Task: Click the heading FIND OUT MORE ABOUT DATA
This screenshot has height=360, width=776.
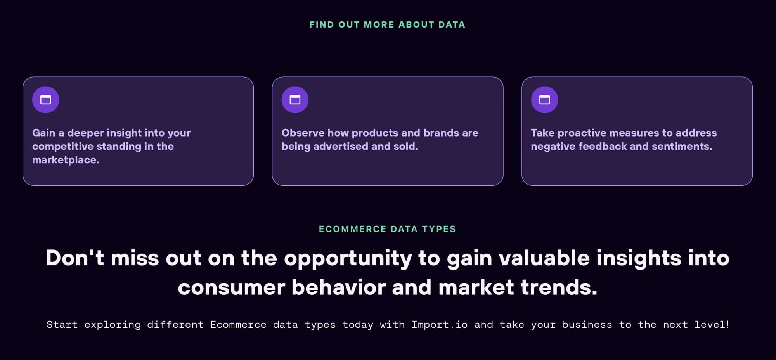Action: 387,24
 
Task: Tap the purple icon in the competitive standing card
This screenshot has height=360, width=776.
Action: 46,100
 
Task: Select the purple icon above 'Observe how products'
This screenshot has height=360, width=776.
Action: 295,100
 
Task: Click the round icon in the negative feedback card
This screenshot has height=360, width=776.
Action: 544,100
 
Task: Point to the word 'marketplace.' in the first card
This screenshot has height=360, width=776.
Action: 66,160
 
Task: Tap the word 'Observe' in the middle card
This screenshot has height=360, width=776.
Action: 303,133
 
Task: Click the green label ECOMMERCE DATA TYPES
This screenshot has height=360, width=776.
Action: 387,229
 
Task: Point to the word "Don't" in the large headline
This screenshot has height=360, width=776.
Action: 75,258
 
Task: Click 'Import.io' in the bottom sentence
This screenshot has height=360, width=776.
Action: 439,324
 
